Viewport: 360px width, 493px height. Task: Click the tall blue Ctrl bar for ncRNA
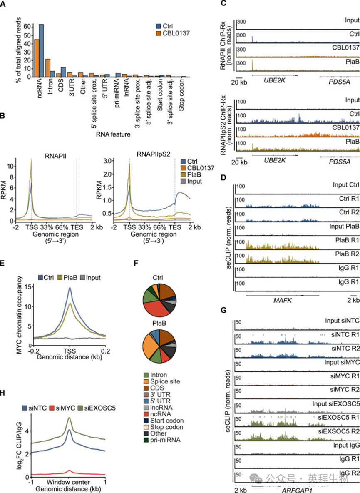[x=41, y=50]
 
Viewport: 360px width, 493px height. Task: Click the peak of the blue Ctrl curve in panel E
[x=70, y=299]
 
